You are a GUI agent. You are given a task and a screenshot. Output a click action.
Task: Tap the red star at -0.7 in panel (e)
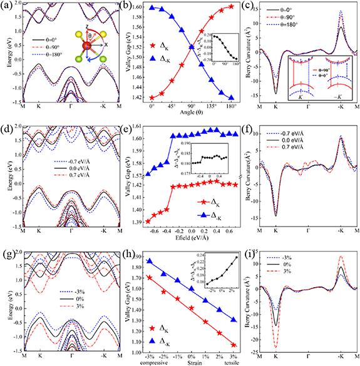point(148,221)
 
